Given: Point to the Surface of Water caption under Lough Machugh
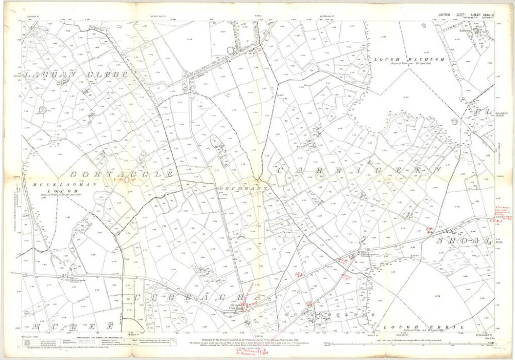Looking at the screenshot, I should click(x=404, y=66).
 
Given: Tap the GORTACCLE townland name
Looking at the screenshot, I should click(x=123, y=175).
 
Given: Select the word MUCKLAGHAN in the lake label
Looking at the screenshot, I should click(x=48, y=184).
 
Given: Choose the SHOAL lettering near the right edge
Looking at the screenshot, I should click(x=466, y=241).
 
